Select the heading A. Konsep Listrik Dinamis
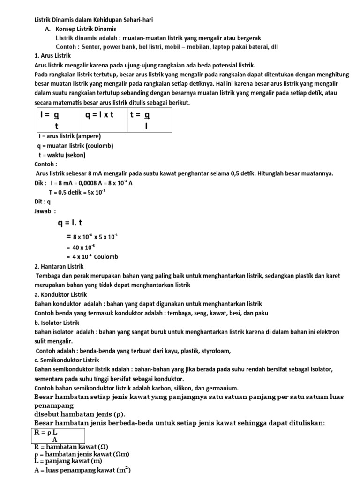point(80,29)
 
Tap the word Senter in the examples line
point(92,47)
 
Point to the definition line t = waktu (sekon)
point(62,155)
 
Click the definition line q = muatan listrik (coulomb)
point(75,146)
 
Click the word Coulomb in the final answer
point(106,256)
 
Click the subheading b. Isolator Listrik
point(58,322)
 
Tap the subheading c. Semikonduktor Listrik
point(67,360)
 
